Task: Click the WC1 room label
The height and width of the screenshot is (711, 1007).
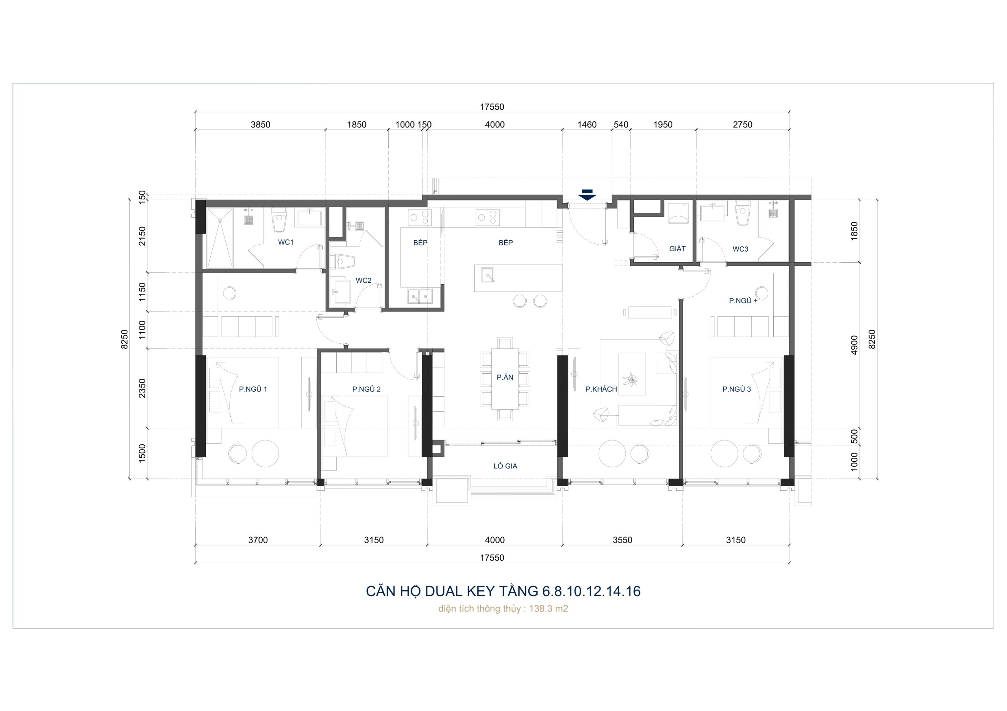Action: point(286,242)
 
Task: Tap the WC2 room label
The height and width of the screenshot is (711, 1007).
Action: point(363,280)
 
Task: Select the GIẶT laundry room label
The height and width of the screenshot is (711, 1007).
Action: point(677,249)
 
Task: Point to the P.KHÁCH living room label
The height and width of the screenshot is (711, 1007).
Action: point(601,389)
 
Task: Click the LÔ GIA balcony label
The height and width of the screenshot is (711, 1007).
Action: point(505,466)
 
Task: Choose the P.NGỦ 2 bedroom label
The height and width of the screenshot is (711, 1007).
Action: point(367,389)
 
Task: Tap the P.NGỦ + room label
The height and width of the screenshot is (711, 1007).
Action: point(743,301)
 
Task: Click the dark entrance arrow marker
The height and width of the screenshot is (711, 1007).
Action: point(587,195)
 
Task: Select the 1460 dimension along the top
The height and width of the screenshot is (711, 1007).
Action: point(587,125)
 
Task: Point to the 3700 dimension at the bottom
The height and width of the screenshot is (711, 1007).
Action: point(258,540)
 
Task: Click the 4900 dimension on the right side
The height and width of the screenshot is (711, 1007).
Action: point(854,345)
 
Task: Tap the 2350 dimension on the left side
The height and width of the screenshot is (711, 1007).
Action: point(142,389)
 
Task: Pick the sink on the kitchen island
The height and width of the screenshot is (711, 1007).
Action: point(487,275)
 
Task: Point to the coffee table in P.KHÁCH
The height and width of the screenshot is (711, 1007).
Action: point(632,374)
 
